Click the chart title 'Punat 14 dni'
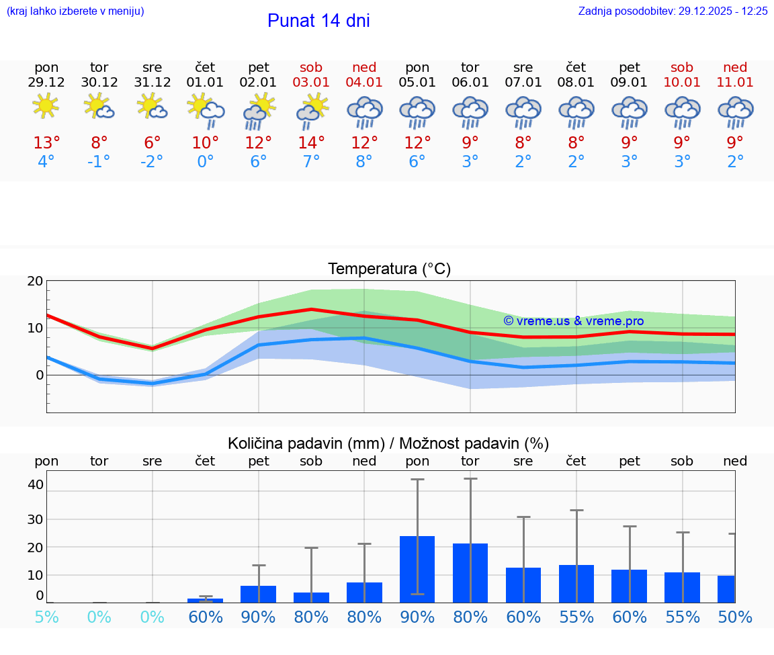(318, 21)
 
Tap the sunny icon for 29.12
(46, 106)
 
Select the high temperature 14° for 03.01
(311, 143)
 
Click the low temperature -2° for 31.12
(152, 162)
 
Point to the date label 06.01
(470, 83)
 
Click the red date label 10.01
(682, 83)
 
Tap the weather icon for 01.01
(205, 108)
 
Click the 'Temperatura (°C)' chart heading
(389, 269)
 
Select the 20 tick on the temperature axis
(35, 281)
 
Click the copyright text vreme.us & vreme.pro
(573, 321)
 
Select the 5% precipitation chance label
(46, 617)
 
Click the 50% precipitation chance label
(735, 617)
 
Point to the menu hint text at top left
(75, 11)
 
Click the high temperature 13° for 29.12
(46, 143)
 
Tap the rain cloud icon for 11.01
(735, 112)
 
